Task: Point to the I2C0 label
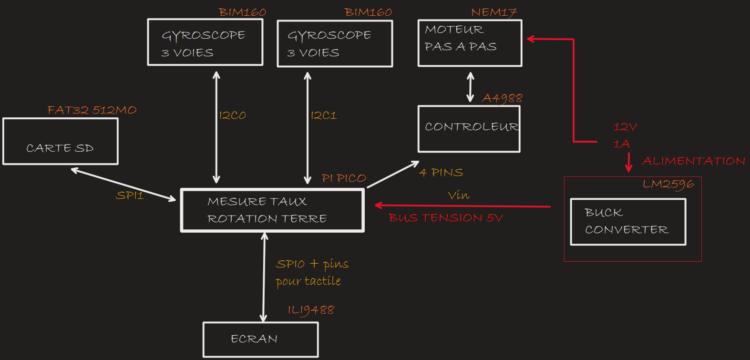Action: (232, 115)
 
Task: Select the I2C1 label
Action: (324, 115)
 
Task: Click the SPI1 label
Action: (130, 195)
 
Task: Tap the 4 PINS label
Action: (442, 173)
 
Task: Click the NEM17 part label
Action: (494, 12)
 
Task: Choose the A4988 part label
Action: (502, 98)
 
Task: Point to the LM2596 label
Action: (668, 184)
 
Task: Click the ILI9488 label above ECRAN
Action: (311, 310)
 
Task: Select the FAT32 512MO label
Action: (92, 110)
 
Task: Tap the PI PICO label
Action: (344, 178)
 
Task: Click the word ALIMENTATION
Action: (693, 161)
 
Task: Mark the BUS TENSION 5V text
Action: (446, 218)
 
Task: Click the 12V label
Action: (625, 127)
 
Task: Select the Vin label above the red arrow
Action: (459, 195)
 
